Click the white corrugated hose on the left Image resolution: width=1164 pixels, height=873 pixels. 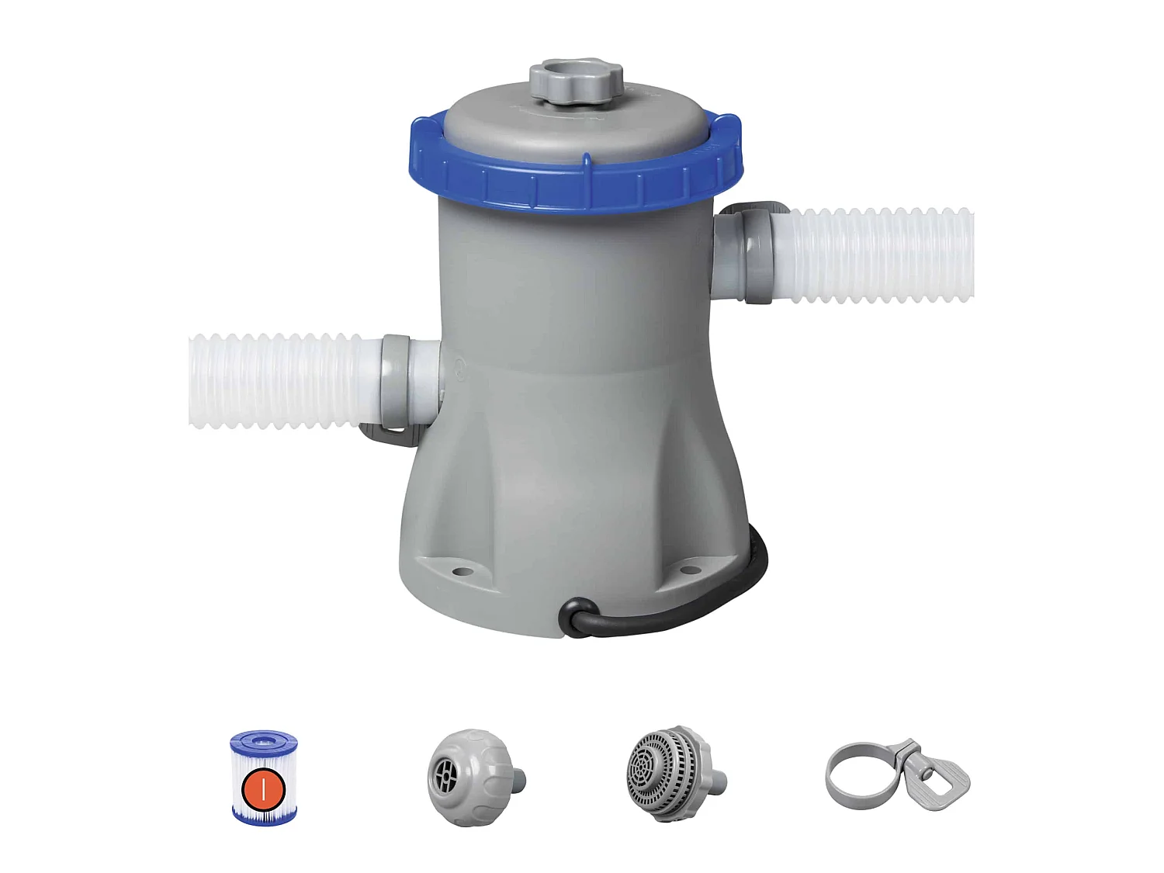click(x=275, y=380)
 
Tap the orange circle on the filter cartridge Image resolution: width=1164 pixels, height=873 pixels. click(x=264, y=789)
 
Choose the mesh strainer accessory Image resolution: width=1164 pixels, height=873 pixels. click(x=663, y=773)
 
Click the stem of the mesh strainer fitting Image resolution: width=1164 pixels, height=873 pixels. click(x=718, y=779)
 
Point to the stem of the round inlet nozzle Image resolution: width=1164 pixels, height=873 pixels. click(x=517, y=779)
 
